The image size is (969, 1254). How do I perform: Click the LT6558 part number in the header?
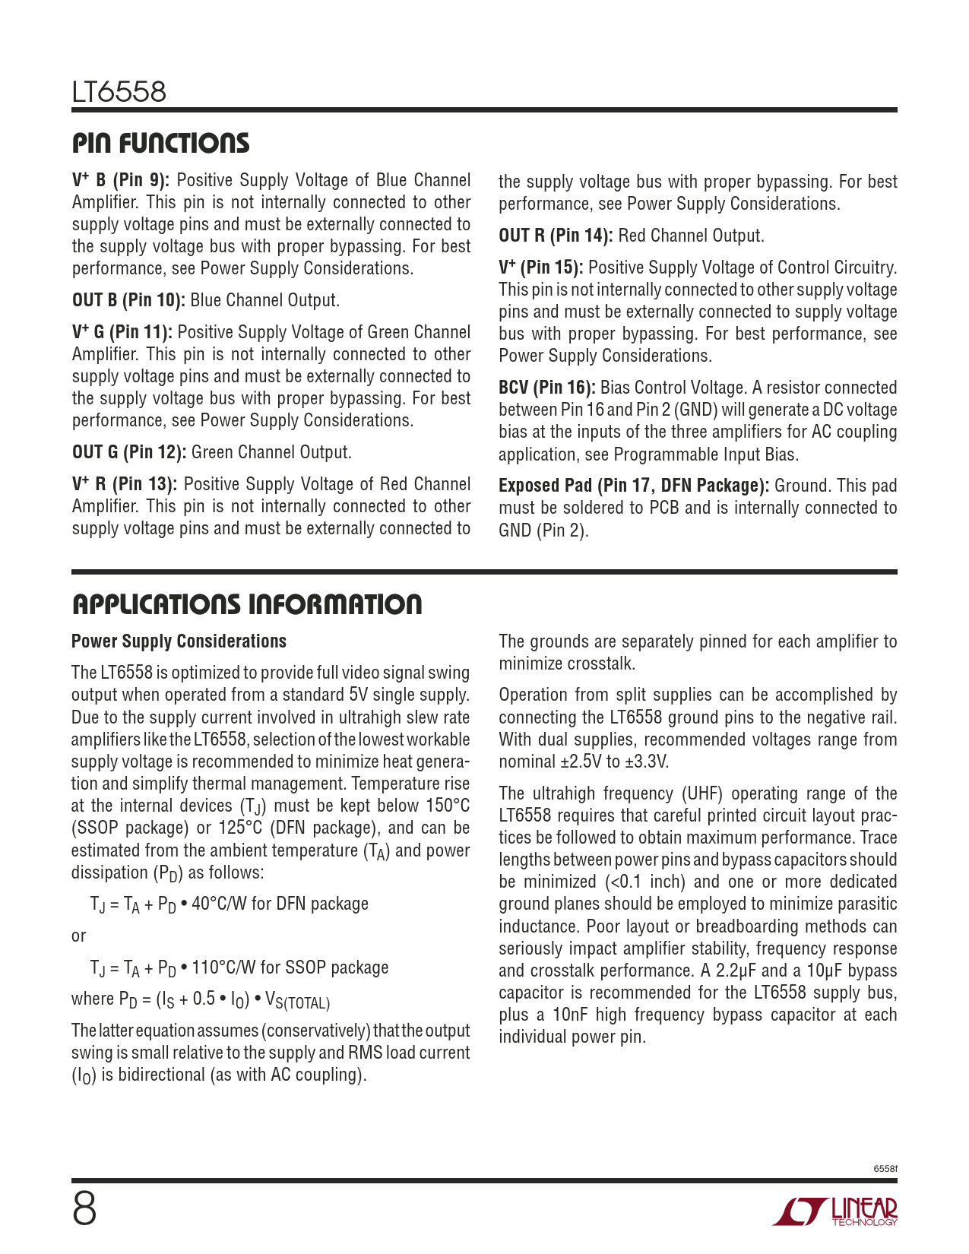pyautogui.click(x=119, y=93)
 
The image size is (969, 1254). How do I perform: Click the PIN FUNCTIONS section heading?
pyautogui.click(x=160, y=144)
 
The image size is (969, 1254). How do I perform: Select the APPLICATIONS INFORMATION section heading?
pyautogui.click(x=247, y=605)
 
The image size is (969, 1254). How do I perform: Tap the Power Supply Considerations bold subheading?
pyautogui.click(x=179, y=641)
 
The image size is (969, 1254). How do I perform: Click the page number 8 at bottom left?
pyautogui.click(x=84, y=1208)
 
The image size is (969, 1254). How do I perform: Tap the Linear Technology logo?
pyautogui.click(x=835, y=1211)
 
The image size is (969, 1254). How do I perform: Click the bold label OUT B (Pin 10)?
pyautogui.click(x=128, y=300)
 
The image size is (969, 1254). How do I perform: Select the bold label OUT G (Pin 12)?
pyautogui.click(x=129, y=452)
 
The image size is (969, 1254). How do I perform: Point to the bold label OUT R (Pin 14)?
pyautogui.click(x=556, y=236)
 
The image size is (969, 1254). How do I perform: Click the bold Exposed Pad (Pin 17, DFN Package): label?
pyautogui.click(x=634, y=486)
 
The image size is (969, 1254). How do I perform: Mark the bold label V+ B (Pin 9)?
pyautogui.click(x=121, y=180)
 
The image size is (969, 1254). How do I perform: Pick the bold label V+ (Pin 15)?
pyautogui.click(x=540, y=268)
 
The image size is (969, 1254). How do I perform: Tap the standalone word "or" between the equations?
pyautogui.click(x=79, y=936)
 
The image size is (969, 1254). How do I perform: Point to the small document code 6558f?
pyautogui.click(x=885, y=1168)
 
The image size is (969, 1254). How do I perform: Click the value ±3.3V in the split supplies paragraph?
pyautogui.click(x=647, y=762)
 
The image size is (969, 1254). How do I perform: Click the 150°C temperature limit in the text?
pyautogui.click(x=444, y=806)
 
